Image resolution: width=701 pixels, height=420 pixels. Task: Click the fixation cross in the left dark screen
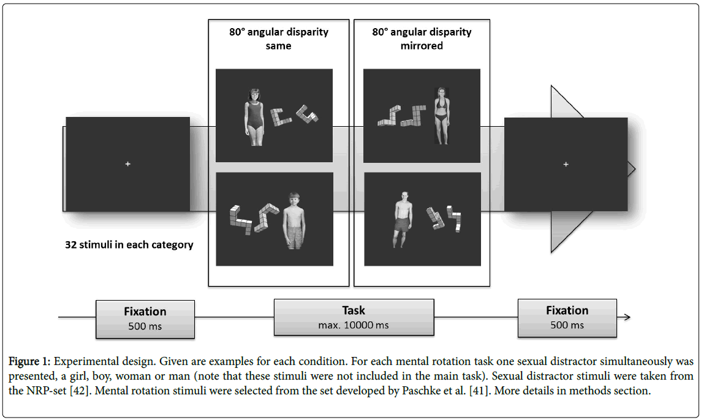[127, 164]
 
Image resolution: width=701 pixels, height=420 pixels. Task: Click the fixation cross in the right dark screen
[566, 164]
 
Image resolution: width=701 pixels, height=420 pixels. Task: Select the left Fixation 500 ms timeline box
[145, 318]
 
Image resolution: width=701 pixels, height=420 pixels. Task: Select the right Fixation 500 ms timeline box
[567, 318]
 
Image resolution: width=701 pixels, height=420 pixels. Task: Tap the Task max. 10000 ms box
[354, 317]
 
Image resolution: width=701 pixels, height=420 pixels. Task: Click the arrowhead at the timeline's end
[626, 317]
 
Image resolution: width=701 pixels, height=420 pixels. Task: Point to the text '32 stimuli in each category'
[129, 245]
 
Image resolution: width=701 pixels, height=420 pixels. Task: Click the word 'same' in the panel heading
[278, 45]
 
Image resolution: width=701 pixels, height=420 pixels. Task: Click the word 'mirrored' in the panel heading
[422, 45]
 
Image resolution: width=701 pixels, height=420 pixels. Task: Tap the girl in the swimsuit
[254, 117]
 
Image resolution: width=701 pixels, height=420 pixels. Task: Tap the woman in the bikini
[441, 116]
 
